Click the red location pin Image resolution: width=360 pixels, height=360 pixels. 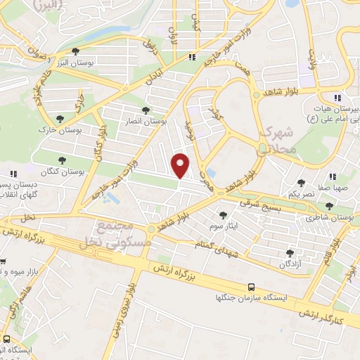(181, 166)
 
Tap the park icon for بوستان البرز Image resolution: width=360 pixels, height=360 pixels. (76, 51)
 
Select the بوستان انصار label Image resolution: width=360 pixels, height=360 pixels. (146, 122)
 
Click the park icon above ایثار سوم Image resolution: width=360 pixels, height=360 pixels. (224, 215)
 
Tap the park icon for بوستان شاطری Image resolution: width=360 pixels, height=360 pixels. (330, 206)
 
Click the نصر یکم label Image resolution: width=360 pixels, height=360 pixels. (304, 193)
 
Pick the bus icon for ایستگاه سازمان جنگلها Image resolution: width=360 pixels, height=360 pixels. (252, 287)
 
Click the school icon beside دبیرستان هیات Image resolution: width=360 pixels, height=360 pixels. (338, 98)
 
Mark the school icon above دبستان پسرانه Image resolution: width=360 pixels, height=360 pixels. (13, 174)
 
